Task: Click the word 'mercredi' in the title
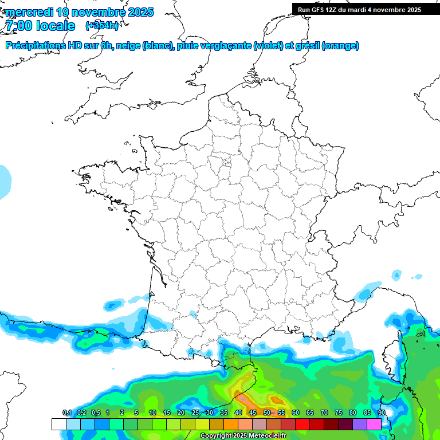pyautogui.click(x=28, y=12)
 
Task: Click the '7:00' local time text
pyautogui.click(x=17, y=26)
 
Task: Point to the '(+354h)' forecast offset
pyautogui.click(x=102, y=26)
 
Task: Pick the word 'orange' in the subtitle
pyautogui.click(x=340, y=46)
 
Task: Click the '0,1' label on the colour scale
pyautogui.click(x=66, y=413)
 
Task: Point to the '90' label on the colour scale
pyautogui.click(x=381, y=413)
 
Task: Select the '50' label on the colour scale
pyautogui.click(x=267, y=413)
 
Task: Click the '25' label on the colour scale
pyautogui.click(x=195, y=413)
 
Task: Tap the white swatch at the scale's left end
pyautogui.click(x=58, y=424)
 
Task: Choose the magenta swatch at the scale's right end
pyautogui.click(x=374, y=424)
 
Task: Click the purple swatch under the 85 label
pyautogui.click(x=360, y=424)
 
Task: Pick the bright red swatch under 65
pyautogui.click(x=302, y=424)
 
